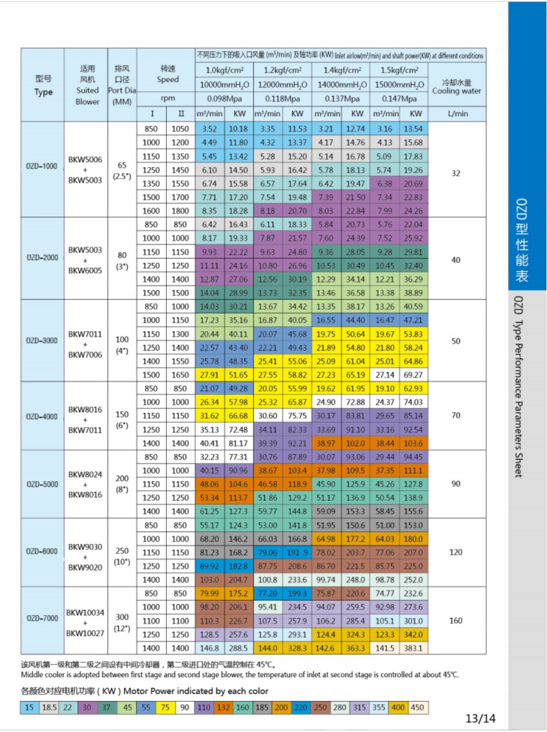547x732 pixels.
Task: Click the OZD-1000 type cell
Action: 42,166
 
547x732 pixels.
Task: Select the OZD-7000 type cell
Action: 42,618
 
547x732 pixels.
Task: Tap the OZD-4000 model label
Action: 42,417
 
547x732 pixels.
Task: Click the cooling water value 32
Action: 456,173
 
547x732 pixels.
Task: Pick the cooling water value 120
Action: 456,552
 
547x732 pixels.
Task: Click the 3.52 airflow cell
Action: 209,129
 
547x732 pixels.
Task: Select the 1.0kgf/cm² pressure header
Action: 224,70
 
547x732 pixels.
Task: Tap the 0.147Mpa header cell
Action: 399,99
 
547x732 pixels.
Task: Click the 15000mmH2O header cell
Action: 399,85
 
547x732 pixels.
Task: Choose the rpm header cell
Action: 168,98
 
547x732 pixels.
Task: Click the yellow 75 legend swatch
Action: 165,707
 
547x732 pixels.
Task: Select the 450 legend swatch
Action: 417,707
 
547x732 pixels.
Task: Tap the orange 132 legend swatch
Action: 224,707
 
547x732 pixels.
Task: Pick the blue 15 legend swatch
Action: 29,707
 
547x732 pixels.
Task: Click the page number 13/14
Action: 480,719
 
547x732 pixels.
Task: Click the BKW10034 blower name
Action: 85,613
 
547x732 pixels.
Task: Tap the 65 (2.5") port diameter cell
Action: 122,170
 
